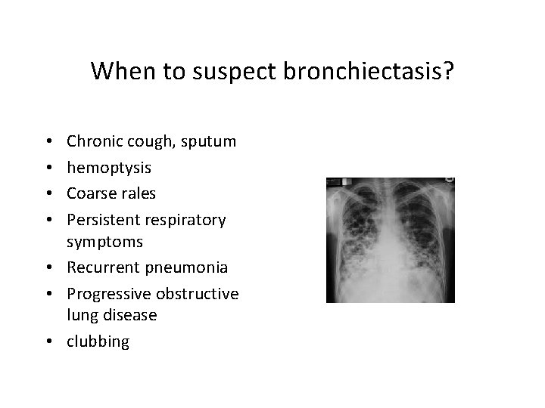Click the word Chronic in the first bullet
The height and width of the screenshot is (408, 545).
[x=93, y=141]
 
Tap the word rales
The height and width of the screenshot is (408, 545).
[x=137, y=193]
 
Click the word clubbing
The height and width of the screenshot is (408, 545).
[x=98, y=342]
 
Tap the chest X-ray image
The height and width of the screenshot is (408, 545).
[x=390, y=240]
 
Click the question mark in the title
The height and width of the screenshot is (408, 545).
[x=448, y=71]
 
